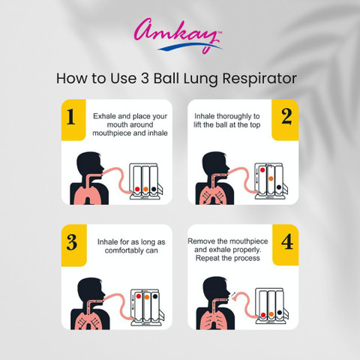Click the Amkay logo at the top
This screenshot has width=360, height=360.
(178, 35)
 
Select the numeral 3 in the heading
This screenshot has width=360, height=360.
(145, 78)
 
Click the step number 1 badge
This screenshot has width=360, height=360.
(73, 120)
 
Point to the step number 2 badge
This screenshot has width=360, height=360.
(285, 120)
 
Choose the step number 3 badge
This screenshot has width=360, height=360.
(74, 245)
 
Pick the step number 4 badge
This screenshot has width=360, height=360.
(286, 245)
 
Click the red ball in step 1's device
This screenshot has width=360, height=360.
(137, 189)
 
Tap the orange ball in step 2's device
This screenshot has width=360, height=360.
(271, 178)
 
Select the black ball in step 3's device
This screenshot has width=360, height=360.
(155, 296)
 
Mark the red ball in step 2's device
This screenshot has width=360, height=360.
(262, 170)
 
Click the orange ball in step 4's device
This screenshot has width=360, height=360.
(271, 314)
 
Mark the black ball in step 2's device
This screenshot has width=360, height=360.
(279, 187)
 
